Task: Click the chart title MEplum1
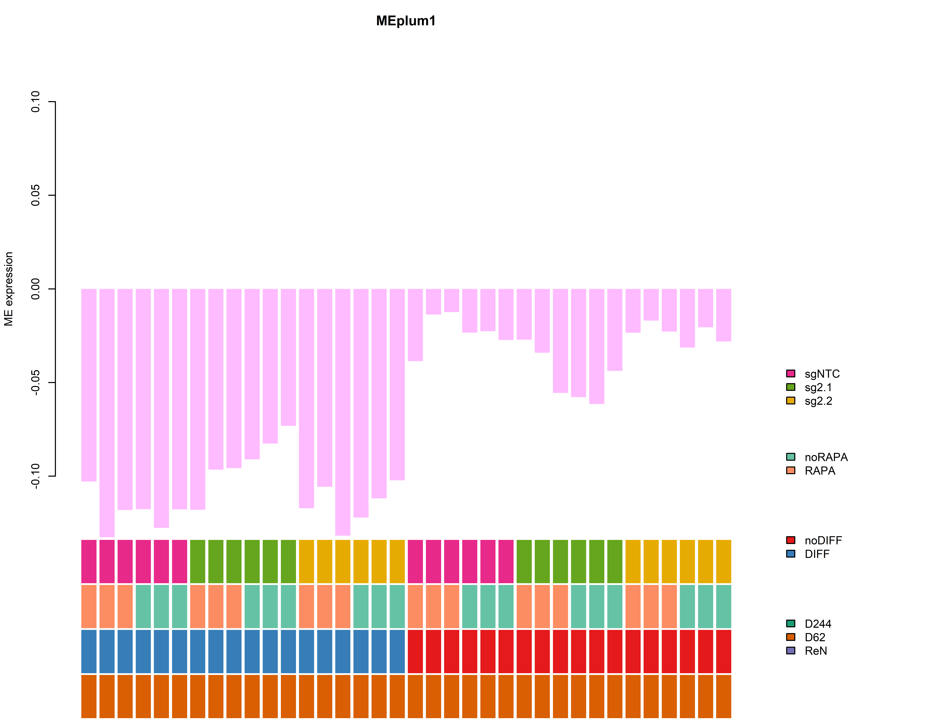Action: [x=406, y=21]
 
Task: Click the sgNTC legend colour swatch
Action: [x=790, y=373]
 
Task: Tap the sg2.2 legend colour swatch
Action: [x=790, y=400]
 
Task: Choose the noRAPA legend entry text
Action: [x=826, y=457]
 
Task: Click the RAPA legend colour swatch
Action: [x=790, y=470]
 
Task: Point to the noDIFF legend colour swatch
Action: [x=790, y=540]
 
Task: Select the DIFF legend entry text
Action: [x=817, y=554]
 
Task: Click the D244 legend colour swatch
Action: [x=790, y=623]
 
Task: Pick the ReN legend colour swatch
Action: [x=790, y=650]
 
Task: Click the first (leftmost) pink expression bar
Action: [x=89, y=385]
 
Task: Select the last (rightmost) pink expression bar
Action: [x=723, y=315]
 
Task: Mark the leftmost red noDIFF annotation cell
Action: [x=415, y=651]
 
